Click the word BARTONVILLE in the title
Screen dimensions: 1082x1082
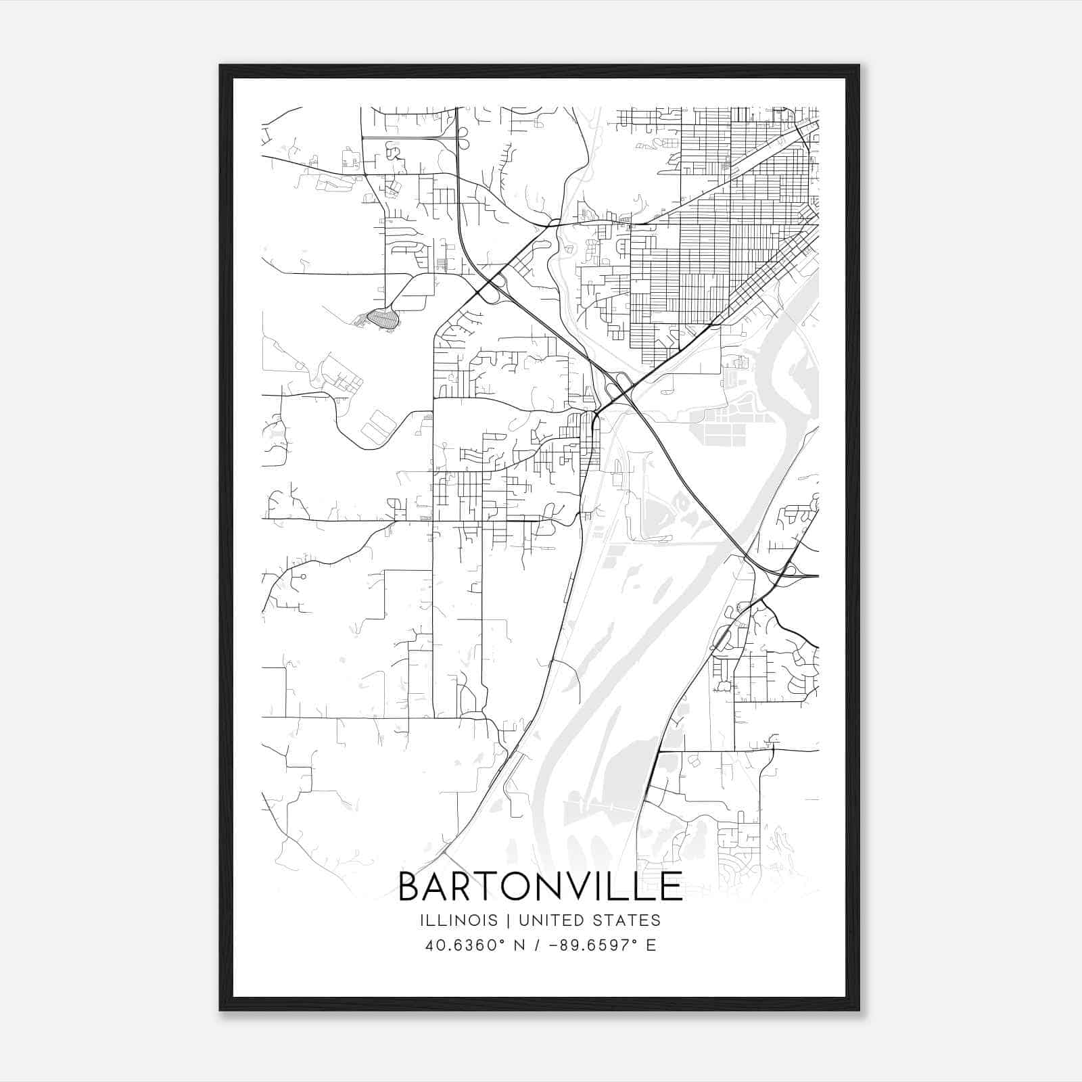click(x=540, y=886)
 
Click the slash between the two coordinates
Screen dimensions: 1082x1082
click(x=537, y=945)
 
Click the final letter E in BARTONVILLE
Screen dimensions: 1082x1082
click(x=672, y=886)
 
